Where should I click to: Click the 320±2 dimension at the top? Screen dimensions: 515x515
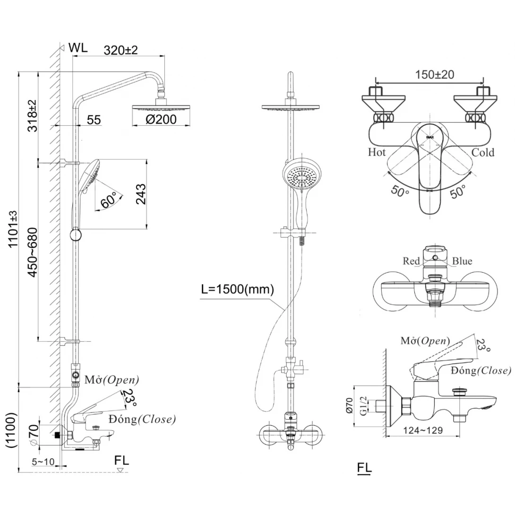pyautogui.click(x=120, y=50)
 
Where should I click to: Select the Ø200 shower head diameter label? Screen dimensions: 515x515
pyautogui.click(x=161, y=119)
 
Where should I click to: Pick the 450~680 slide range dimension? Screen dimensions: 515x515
pyautogui.click(x=32, y=251)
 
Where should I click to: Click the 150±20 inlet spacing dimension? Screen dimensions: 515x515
pyautogui.click(x=434, y=75)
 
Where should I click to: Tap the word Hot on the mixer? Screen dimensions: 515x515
pyautogui.click(x=377, y=153)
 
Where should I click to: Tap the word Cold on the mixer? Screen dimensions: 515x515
pyautogui.click(x=483, y=153)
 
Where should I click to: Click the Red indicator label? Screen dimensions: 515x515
pyautogui.click(x=411, y=261)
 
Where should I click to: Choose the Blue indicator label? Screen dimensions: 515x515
pyautogui.click(x=462, y=261)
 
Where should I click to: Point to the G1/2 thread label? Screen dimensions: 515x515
pyautogui.click(x=363, y=406)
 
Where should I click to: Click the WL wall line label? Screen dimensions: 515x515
pyautogui.click(x=77, y=47)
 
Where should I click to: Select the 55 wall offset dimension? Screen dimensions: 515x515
pyautogui.click(x=94, y=120)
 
